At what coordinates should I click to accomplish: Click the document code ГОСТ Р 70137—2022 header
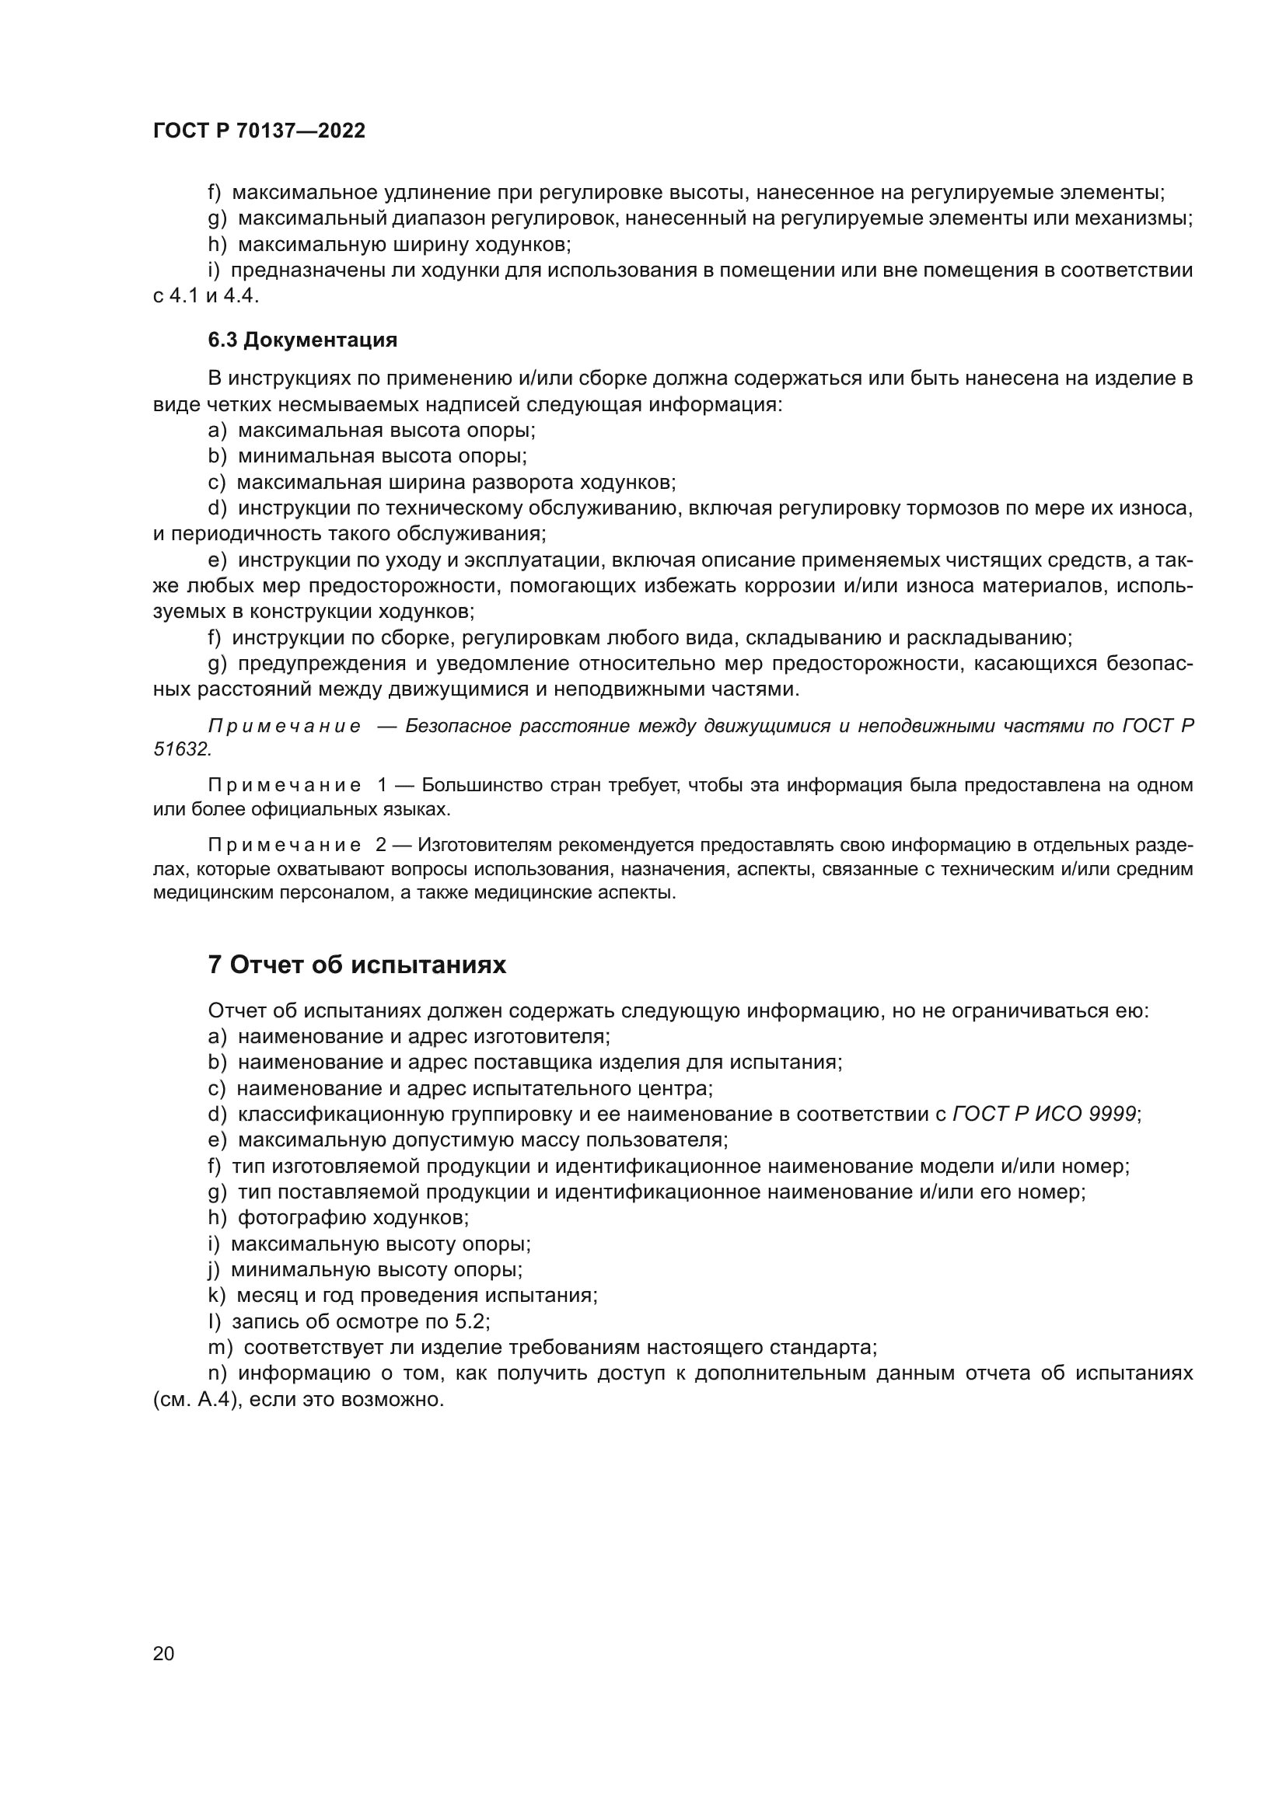coord(259,131)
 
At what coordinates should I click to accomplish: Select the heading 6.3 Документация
coord(302,340)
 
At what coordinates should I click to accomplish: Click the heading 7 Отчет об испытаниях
coord(357,965)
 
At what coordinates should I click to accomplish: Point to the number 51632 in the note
coord(181,749)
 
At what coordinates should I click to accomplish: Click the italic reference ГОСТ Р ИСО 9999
coord(1044,1114)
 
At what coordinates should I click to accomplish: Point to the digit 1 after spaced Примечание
coord(382,786)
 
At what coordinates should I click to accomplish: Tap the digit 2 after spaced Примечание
coord(382,846)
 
